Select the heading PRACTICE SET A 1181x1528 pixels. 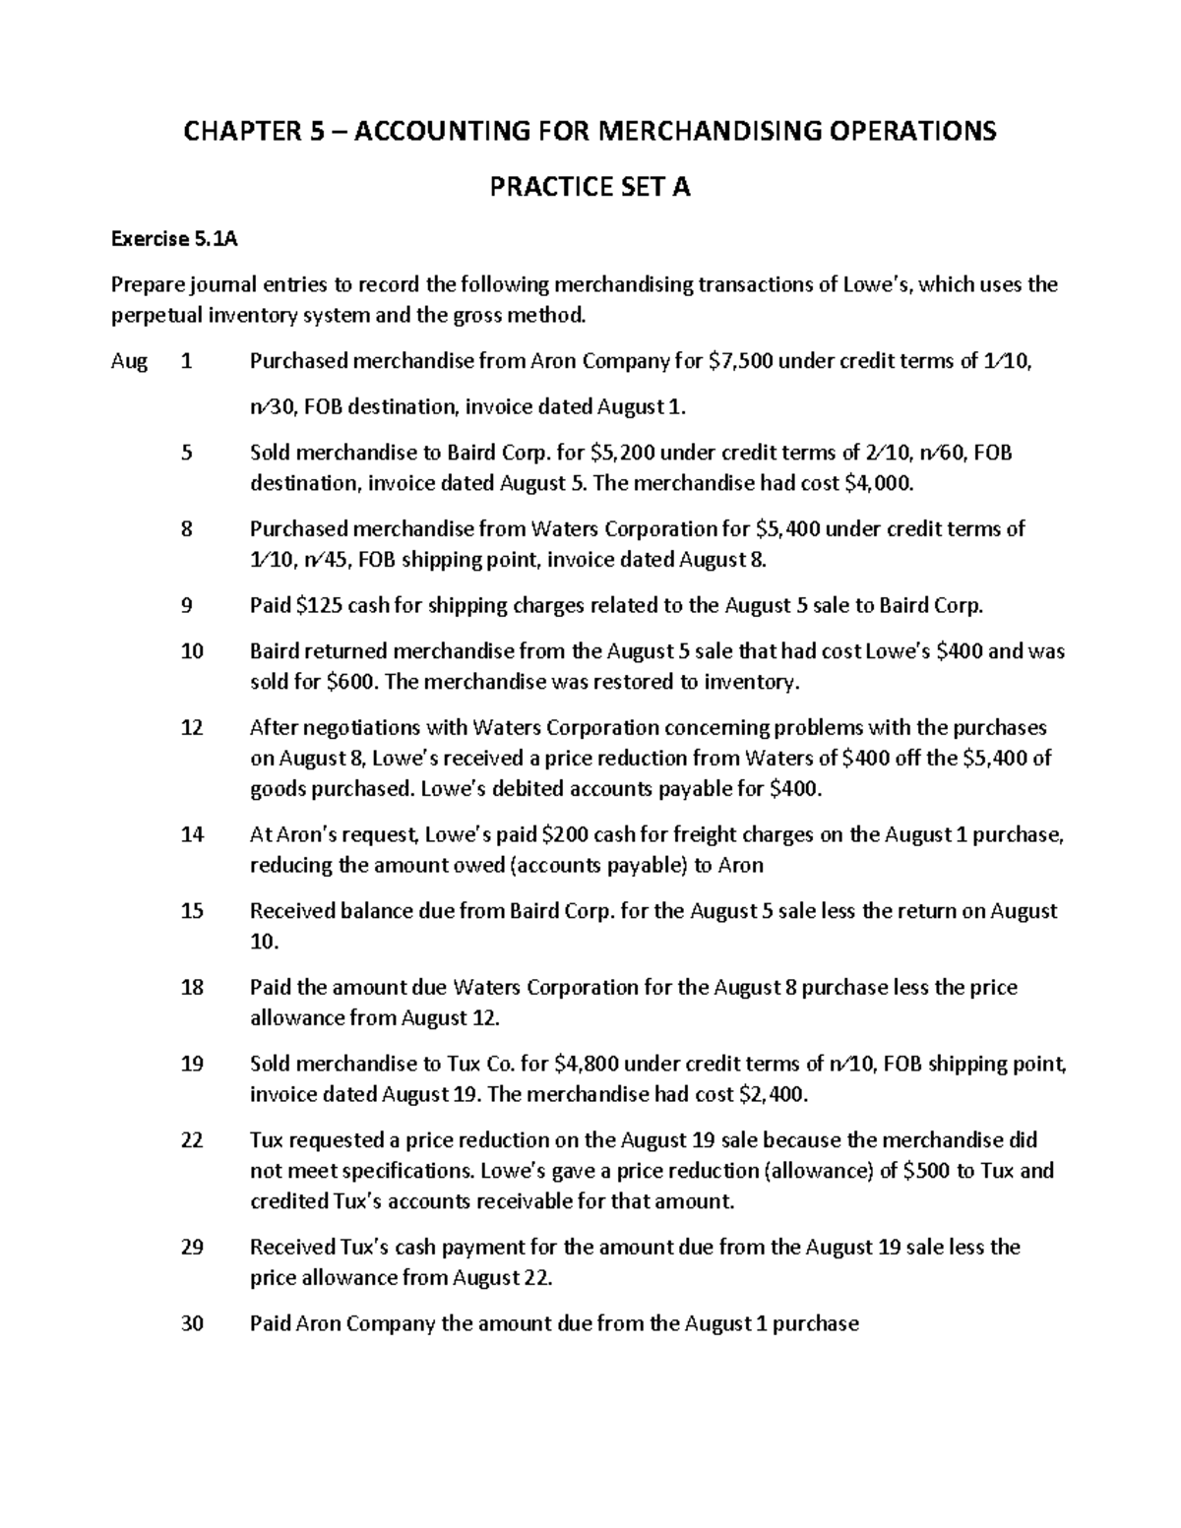coord(590,187)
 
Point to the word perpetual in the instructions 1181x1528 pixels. coord(153,315)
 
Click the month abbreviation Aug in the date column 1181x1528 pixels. coord(129,361)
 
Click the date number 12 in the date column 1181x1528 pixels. coord(192,728)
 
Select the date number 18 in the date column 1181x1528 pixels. coord(192,987)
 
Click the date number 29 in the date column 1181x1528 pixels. coord(192,1248)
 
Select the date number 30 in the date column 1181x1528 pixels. coord(192,1324)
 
